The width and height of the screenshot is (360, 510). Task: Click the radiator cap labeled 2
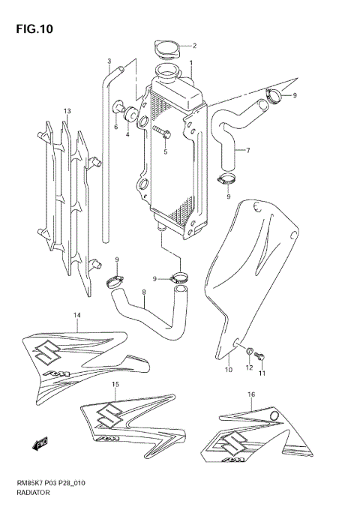click(x=166, y=49)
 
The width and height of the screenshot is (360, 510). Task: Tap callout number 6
click(x=115, y=127)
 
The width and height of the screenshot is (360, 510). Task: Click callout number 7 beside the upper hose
click(x=247, y=150)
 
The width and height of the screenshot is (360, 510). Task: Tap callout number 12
click(x=248, y=367)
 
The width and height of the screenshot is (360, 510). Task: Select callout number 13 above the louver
click(x=67, y=112)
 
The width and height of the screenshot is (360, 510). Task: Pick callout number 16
click(x=250, y=393)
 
